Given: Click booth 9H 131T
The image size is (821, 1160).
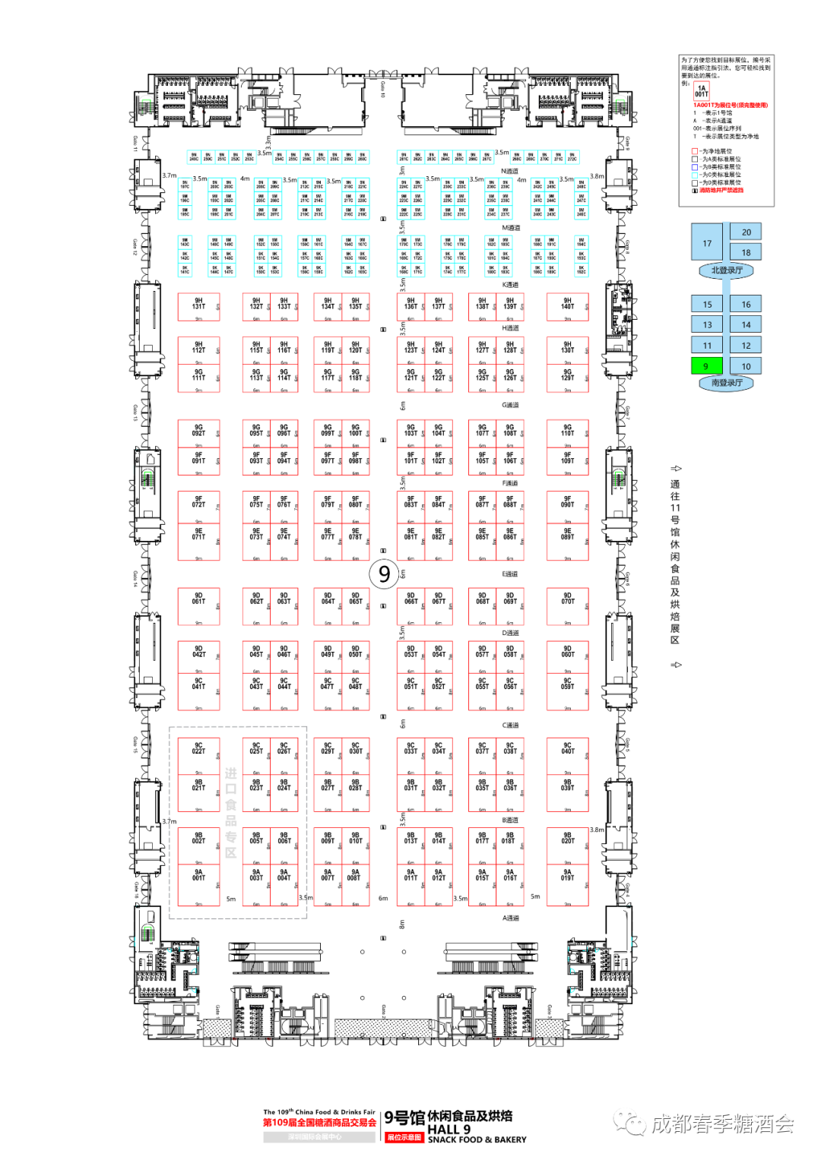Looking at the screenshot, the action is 198,306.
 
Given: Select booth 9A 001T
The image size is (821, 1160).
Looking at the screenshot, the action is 198,887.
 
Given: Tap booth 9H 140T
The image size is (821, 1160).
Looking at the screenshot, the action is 567,306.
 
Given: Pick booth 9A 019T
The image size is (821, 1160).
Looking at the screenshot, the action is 567,887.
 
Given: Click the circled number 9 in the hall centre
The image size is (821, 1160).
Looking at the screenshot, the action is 384,574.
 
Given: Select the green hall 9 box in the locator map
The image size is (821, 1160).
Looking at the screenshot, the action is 706,366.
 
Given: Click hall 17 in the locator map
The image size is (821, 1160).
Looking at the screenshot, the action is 708,243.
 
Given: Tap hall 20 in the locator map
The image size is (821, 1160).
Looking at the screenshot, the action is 746,232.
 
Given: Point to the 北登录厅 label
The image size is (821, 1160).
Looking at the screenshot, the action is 726,270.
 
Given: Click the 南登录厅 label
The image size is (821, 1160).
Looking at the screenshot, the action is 726,383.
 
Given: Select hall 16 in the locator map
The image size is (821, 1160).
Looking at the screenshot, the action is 746,304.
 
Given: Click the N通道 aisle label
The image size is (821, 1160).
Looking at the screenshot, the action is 510,172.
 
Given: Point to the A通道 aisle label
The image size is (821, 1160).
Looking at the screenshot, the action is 510,918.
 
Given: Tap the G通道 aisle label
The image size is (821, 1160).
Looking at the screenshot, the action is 510,405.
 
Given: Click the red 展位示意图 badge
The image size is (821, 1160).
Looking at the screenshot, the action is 404,1137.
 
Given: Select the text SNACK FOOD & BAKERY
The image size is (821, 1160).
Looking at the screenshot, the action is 477,1139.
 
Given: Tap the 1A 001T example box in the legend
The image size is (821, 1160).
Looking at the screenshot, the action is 701,92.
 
